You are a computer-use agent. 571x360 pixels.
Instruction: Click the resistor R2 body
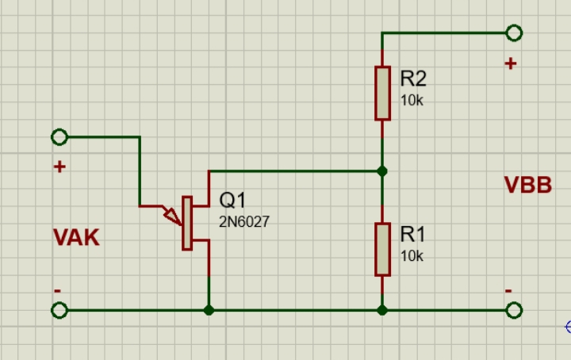click(382, 93)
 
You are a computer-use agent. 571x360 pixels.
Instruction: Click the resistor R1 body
click(382, 249)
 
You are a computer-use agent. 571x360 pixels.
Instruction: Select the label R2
click(413, 79)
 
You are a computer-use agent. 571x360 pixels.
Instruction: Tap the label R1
click(413, 234)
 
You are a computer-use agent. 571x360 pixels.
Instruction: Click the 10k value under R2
click(412, 101)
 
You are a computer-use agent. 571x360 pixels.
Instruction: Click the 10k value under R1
click(412, 256)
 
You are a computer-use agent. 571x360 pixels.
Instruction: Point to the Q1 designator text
click(232, 201)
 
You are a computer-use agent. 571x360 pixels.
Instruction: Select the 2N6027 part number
click(243, 223)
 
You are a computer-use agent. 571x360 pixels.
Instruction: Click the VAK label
click(76, 237)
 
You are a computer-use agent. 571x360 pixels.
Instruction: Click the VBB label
click(527, 186)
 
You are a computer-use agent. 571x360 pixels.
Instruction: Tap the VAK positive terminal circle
click(58, 137)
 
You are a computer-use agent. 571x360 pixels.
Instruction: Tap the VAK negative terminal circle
click(58, 311)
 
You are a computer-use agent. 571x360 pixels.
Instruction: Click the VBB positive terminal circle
click(513, 33)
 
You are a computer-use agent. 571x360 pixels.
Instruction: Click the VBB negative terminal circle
click(513, 311)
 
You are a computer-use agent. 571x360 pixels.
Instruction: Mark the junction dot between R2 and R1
click(382, 170)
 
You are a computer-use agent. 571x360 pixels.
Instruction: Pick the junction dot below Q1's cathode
click(209, 311)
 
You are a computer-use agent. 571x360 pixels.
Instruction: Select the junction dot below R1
click(382, 311)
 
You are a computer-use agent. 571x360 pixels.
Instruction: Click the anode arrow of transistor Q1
click(171, 214)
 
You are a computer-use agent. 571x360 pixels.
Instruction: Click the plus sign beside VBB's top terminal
click(510, 63)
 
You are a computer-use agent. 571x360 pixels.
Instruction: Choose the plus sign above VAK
click(58, 167)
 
